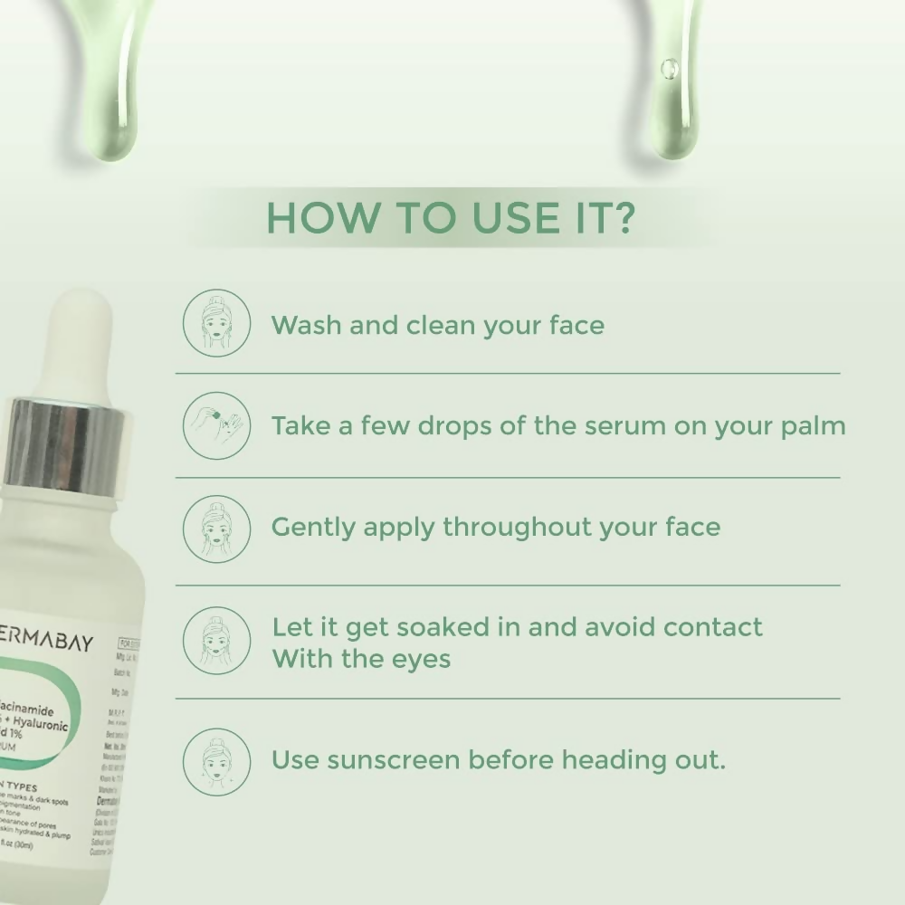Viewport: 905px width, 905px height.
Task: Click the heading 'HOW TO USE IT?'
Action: point(450,218)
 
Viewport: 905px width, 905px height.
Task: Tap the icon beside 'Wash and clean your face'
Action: point(216,322)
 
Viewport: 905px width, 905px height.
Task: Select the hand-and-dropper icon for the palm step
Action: point(216,425)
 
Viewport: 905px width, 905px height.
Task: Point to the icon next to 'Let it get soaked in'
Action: point(216,642)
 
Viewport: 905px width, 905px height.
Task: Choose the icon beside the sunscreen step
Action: point(216,761)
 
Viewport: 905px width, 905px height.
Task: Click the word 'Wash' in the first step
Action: point(306,325)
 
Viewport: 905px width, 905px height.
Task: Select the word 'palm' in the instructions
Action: point(812,426)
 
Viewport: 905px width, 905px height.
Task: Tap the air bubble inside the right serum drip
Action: point(670,68)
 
